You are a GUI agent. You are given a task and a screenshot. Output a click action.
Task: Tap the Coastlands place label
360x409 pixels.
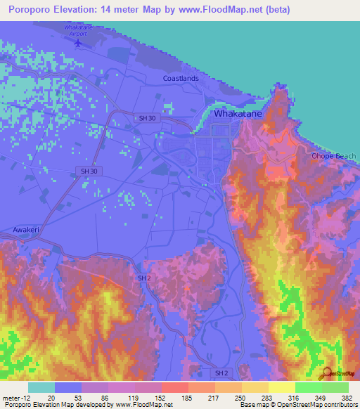[x=181, y=78]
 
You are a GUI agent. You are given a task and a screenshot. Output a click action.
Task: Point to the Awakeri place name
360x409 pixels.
[x=28, y=230]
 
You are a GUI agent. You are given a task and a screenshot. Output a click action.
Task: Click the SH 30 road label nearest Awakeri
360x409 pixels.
[x=89, y=171]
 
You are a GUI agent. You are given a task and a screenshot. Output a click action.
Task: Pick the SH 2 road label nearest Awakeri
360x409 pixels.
[x=143, y=278]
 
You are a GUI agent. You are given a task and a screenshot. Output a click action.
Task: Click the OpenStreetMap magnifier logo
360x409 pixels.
[x=325, y=374]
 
